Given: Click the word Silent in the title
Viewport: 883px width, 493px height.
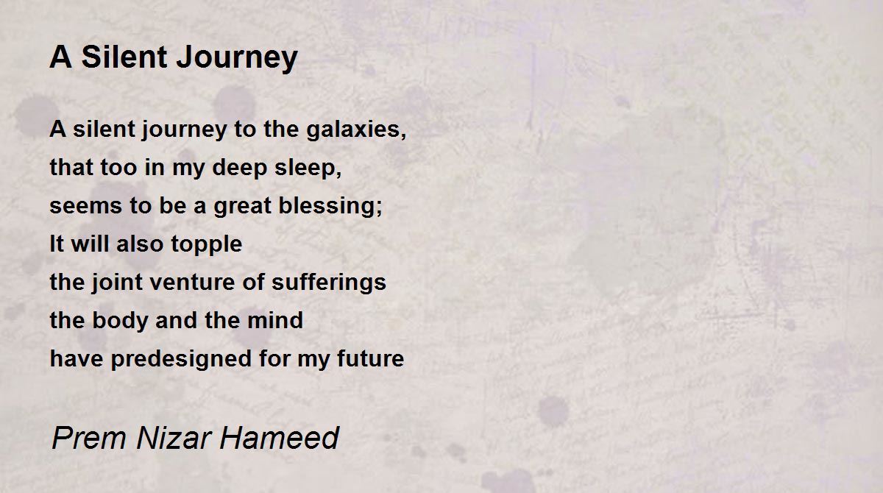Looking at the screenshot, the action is pos(124,57).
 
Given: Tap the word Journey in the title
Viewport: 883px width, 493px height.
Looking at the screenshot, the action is pos(237,59).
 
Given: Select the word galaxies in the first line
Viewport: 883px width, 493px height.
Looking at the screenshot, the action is pos(356,130).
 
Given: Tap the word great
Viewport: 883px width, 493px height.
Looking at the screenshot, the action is pos(242,207).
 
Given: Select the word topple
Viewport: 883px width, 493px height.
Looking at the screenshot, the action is pos(207,245).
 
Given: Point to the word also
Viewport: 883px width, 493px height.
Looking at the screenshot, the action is pos(140,244).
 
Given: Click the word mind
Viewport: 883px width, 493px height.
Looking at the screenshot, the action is pos(275,320).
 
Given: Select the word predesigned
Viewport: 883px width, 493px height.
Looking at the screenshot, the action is pos(181,359).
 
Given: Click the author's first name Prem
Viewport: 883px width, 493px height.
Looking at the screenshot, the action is pos(89,438).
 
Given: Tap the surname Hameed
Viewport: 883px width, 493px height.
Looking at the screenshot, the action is pos(280,438).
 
